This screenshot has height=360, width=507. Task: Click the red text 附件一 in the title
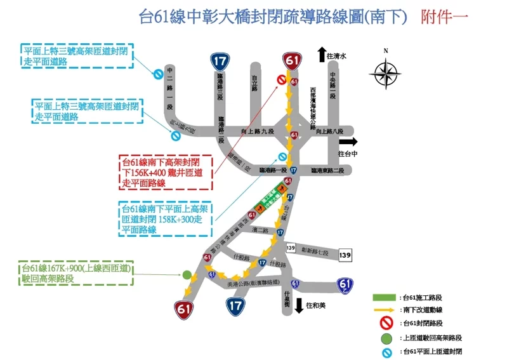(x=444, y=17)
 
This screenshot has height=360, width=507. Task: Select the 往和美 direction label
(x=315, y=305)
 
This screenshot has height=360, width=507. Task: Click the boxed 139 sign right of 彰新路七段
(x=345, y=254)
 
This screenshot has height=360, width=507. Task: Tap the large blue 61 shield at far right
(x=345, y=285)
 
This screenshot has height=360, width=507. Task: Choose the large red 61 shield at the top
(x=292, y=61)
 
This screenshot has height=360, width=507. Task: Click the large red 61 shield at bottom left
(x=184, y=309)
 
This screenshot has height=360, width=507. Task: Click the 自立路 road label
(x=254, y=83)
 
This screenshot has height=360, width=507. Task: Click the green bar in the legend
(x=385, y=297)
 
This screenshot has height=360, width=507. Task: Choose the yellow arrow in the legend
(x=385, y=310)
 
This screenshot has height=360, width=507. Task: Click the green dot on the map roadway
(x=187, y=275)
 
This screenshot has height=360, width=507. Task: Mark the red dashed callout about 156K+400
(x=166, y=173)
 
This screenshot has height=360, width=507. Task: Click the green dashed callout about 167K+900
(x=76, y=273)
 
